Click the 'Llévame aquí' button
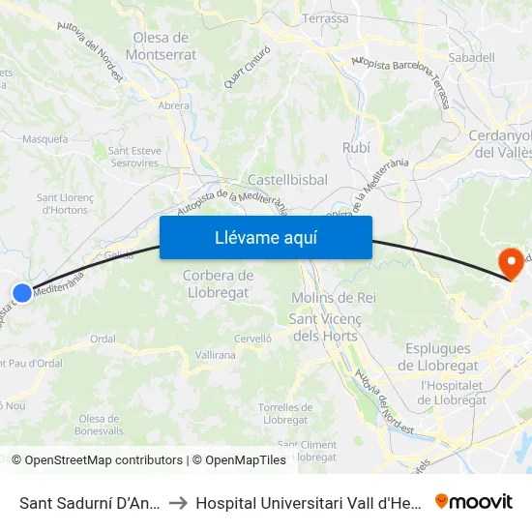(265, 238)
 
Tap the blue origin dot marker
(22, 291)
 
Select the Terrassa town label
(325, 18)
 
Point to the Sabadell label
(471, 57)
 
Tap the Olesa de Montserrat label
(159, 46)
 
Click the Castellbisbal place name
(287, 180)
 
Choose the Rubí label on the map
(356, 147)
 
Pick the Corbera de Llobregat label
(218, 283)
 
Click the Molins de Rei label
(334, 297)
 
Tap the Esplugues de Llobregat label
(438, 356)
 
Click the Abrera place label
(173, 105)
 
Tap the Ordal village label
(103, 339)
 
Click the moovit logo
(474, 501)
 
